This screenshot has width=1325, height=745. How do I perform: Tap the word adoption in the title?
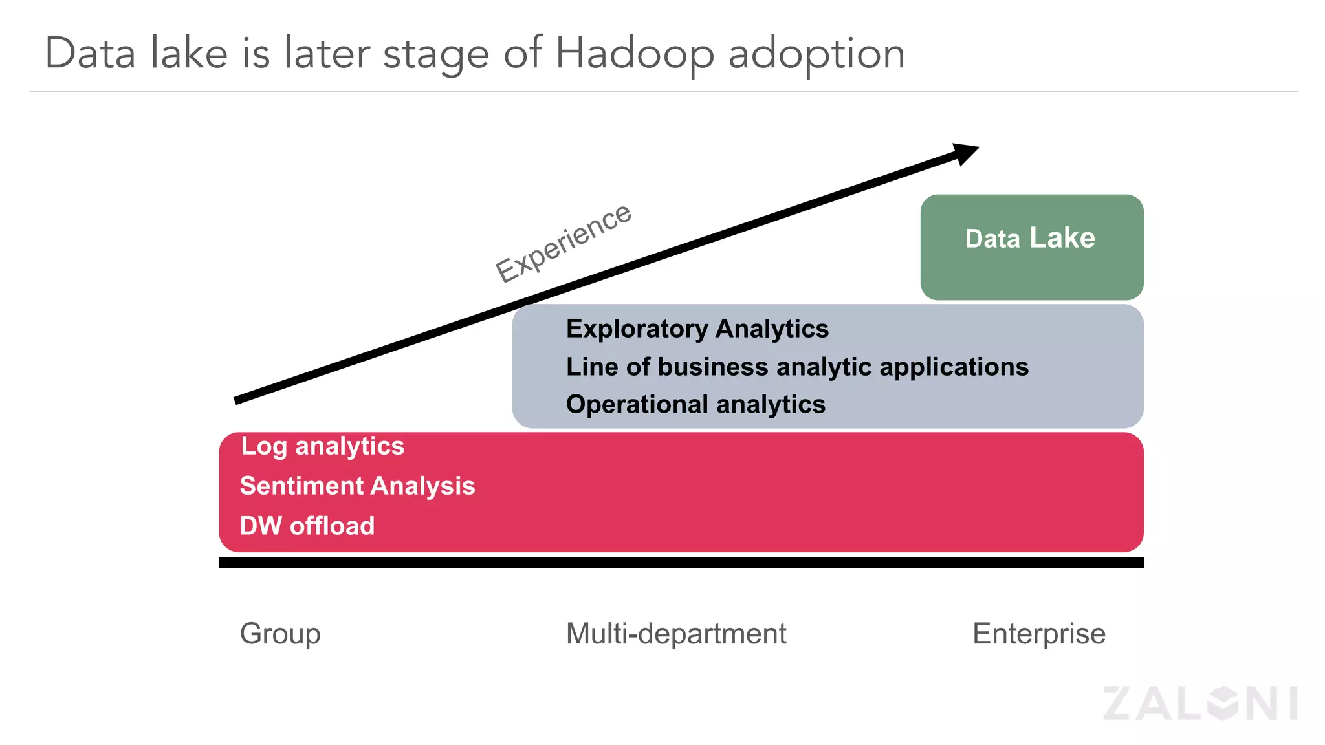[x=816, y=54]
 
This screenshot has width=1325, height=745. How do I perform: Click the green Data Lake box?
[x=1031, y=247]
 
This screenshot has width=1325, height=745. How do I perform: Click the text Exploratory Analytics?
[x=697, y=329]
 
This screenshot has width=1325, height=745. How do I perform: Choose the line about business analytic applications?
[x=796, y=367]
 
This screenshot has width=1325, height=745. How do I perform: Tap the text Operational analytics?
[x=695, y=404]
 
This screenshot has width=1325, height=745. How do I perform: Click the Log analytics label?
[x=322, y=446]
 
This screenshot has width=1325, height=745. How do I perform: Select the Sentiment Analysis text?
[x=357, y=486]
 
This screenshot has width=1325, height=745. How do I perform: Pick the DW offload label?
[x=307, y=526]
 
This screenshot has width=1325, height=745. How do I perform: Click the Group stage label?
[x=279, y=634]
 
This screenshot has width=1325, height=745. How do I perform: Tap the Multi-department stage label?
[x=675, y=634]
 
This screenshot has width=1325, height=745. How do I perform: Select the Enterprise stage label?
[x=1038, y=634]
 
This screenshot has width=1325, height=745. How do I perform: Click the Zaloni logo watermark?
[x=1200, y=703]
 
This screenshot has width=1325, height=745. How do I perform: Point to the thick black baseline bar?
[x=681, y=563]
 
